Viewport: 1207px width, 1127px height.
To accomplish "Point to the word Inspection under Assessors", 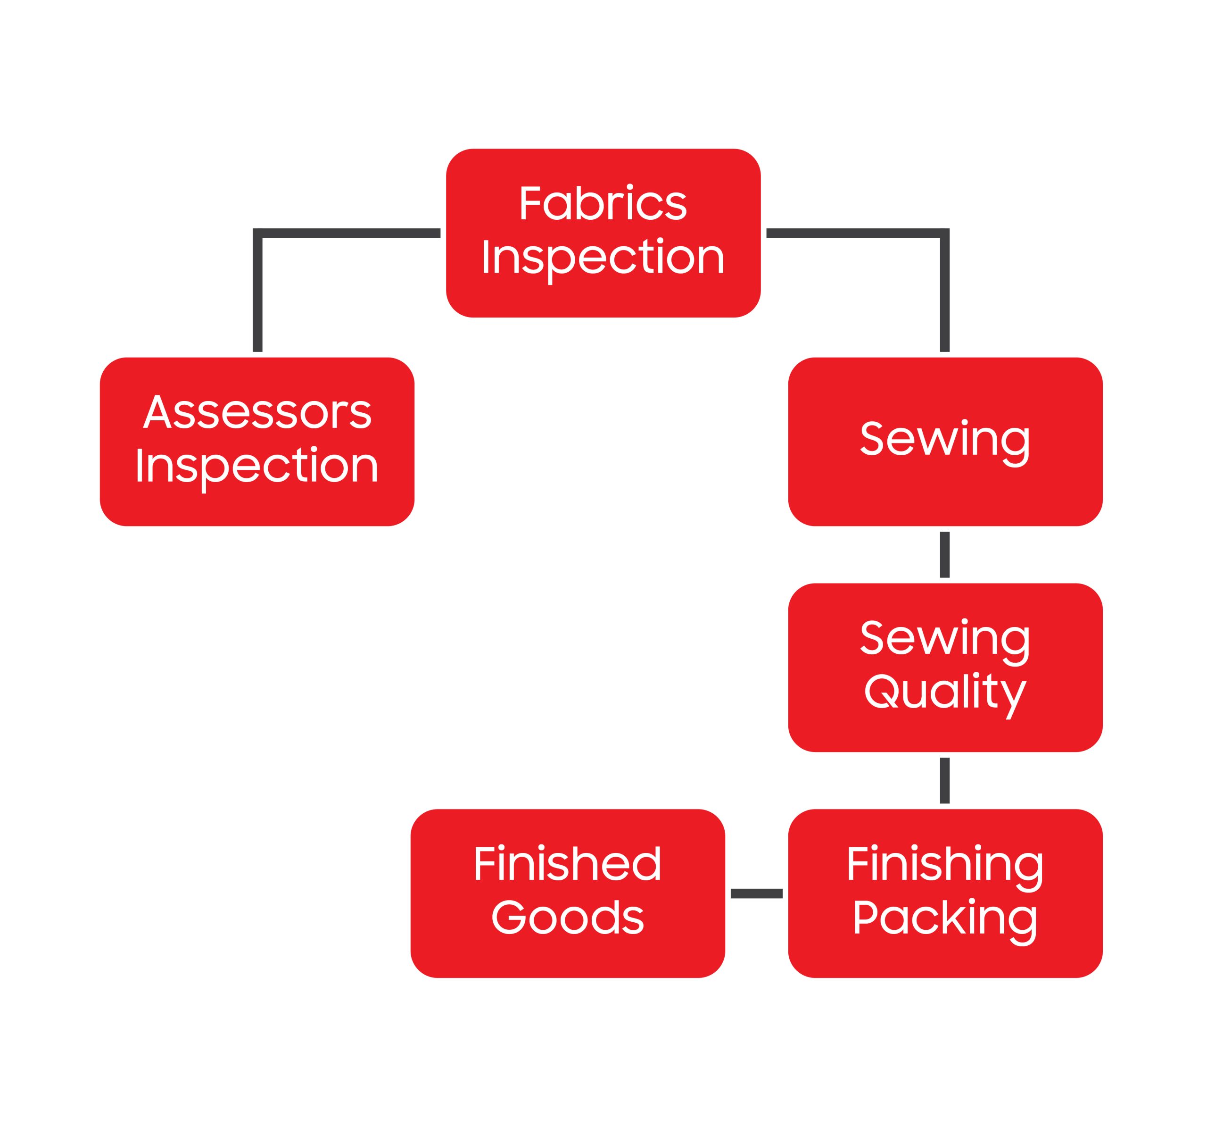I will click(257, 466).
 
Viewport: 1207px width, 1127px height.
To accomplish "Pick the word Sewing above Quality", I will click(945, 639).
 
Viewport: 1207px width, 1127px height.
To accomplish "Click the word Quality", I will click(945, 693).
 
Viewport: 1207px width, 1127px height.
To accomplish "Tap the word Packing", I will click(945, 918).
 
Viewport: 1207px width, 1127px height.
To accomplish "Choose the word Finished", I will click(567, 863).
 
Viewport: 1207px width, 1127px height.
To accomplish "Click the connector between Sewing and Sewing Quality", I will click(945, 554).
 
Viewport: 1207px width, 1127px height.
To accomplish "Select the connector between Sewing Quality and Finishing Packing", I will click(945, 781).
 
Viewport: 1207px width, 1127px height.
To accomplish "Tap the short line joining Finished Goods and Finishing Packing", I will click(757, 893).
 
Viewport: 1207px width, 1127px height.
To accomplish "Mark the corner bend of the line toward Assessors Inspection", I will click(257, 234).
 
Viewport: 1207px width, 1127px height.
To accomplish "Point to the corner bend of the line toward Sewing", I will click(945, 234).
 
